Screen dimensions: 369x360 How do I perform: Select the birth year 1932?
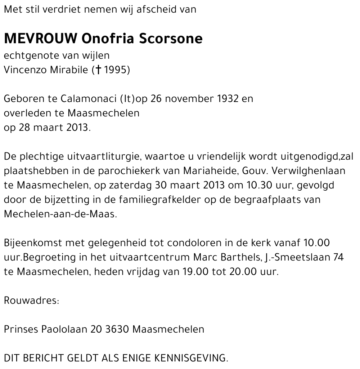[228, 99]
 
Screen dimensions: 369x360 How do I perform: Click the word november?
[189, 99]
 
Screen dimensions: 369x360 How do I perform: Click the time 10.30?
[259, 185]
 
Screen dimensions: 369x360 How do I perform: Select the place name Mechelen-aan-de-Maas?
[60, 214]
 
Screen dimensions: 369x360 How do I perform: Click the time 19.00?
[194, 272]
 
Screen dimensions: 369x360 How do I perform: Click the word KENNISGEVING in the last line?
[191, 358]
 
